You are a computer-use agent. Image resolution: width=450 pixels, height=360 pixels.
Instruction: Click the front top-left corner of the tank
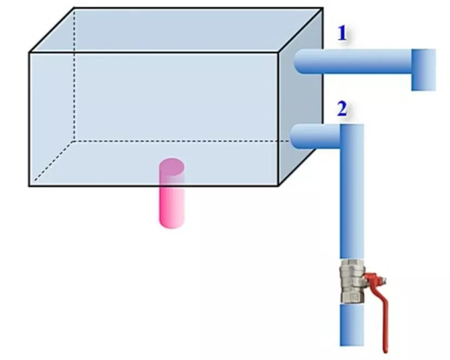coord(29,53)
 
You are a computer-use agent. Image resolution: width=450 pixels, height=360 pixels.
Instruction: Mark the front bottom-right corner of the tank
coord(278,186)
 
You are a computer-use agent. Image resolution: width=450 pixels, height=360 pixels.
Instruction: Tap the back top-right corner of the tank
coord(323,8)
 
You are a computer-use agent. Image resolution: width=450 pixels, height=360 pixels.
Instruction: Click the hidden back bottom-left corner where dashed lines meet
coord(74,141)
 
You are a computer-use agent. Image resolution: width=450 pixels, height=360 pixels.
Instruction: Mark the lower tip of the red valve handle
coord(385,352)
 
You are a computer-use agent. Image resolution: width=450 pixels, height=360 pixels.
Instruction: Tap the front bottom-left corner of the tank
coord(29,186)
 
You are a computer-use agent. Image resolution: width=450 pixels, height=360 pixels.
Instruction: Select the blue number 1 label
coord(342,33)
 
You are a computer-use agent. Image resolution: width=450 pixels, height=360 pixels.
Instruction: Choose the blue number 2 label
coord(342,109)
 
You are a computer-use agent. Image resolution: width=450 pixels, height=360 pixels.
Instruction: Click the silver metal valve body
coord(352,281)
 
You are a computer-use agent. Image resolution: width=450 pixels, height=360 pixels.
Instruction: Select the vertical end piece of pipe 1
coord(423,70)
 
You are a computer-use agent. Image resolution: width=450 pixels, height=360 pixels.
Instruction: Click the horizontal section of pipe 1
coord(353,61)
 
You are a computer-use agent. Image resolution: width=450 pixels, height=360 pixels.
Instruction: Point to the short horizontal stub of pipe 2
coord(315,137)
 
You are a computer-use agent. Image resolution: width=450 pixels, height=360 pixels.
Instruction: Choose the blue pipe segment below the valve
coord(352,325)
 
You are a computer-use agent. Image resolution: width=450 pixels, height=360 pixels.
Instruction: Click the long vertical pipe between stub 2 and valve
coord(352,191)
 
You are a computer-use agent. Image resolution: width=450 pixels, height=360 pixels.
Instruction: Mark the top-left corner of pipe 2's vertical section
coord(340,124)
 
